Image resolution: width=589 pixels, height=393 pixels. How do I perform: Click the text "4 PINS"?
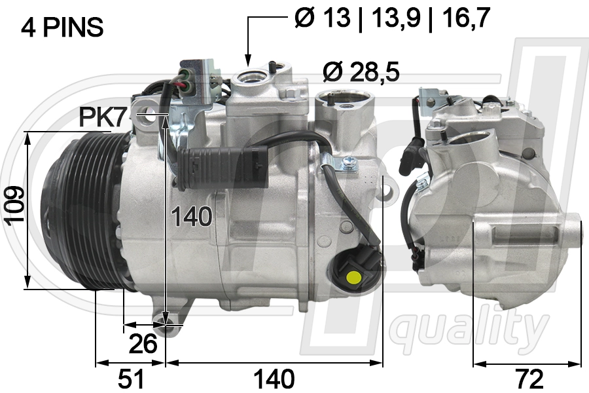point(62,27)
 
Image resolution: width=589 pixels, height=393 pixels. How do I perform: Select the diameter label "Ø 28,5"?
point(361,71)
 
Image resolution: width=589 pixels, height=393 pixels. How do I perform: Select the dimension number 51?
point(130,379)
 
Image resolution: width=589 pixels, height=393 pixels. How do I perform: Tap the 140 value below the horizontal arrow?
point(274,379)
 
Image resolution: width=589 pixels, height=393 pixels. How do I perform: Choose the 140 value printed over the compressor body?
point(192,216)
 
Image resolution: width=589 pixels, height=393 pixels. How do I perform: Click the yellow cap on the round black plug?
point(354,276)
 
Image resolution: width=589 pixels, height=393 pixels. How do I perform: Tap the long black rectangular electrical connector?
point(223,160)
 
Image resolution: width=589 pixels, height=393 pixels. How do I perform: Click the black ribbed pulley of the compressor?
point(75,210)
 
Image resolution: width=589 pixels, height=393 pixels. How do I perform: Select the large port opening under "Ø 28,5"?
point(344,102)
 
